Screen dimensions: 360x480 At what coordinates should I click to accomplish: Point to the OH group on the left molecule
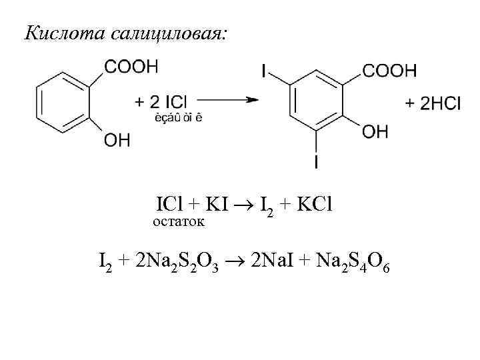117,141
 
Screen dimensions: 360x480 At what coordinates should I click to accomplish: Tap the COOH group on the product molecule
389,70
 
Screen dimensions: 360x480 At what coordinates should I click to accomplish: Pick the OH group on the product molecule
375,132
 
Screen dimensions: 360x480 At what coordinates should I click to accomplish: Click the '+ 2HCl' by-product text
433,103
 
